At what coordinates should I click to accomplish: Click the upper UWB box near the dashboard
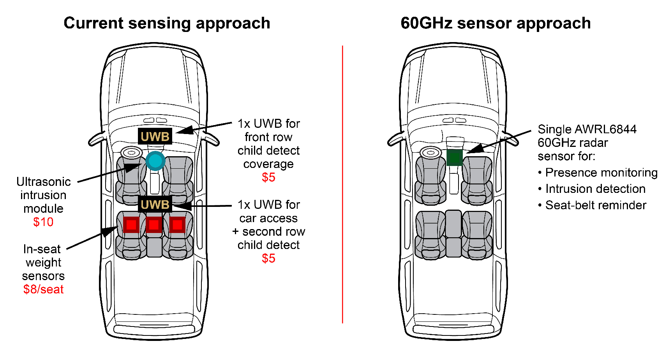(x=155, y=136)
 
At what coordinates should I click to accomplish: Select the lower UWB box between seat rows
(x=155, y=204)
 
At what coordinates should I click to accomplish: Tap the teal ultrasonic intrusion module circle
(x=155, y=161)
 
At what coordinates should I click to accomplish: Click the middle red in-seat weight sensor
(x=154, y=225)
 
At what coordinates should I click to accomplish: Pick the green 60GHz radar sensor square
(x=454, y=157)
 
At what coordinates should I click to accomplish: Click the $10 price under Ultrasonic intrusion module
(x=43, y=222)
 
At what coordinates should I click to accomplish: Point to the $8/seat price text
(x=43, y=289)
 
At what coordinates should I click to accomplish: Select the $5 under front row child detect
(x=268, y=177)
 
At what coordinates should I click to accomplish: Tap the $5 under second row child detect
(x=268, y=258)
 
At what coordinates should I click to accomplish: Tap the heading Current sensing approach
(x=167, y=23)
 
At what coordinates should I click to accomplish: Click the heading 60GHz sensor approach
(x=496, y=23)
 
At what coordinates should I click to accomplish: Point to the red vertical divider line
(x=342, y=183)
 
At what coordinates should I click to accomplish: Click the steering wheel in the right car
(x=430, y=153)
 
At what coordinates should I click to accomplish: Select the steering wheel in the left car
(x=131, y=153)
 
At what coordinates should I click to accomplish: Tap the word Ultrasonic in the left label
(x=43, y=182)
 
